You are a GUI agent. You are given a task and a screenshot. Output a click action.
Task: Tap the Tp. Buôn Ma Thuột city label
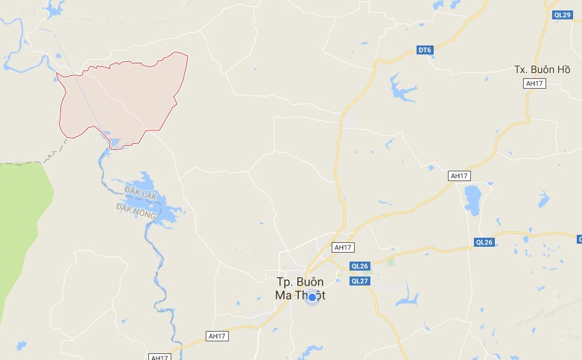click(x=300, y=288)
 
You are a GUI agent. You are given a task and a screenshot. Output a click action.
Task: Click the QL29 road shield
click(x=562, y=15)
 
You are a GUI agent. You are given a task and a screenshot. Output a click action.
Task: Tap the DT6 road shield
click(x=424, y=50)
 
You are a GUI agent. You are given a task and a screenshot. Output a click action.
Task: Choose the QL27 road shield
click(x=360, y=280)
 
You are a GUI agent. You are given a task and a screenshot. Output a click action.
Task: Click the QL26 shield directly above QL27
click(x=360, y=266)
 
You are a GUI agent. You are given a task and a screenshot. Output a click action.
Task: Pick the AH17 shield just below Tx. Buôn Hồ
click(x=535, y=83)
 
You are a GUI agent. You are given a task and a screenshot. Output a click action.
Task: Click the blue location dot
click(x=313, y=297)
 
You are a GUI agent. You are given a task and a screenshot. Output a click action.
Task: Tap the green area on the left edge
click(x=22, y=224)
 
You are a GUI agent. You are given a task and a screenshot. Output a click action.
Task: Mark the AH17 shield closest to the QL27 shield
click(x=343, y=247)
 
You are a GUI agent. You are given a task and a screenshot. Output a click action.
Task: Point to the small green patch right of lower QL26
click(x=390, y=262)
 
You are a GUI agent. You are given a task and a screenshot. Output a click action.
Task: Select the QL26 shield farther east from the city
click(x=484, y=242)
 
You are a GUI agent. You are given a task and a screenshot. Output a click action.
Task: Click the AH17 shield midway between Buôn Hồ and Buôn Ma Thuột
click(x=459, y=176)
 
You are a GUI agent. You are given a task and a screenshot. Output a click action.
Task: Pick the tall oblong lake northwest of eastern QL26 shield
click(x=472, y=199)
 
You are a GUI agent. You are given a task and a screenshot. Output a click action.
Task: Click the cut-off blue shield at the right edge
click(x=578, y=239)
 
